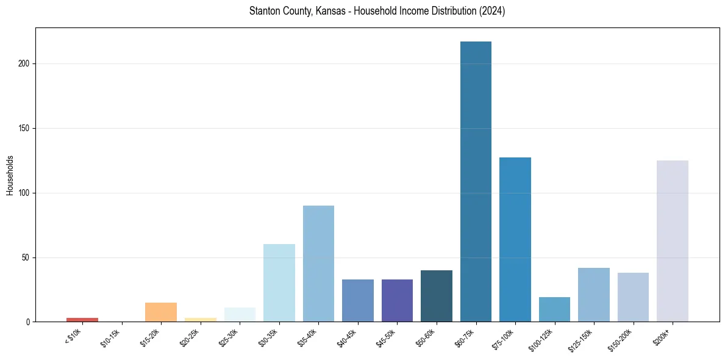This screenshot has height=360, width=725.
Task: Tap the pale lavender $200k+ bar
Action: coord(672,241)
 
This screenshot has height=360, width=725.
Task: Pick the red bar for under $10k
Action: coord(82,320)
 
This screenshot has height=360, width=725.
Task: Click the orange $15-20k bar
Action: coord(161,312)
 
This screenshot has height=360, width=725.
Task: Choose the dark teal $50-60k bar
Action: coord(437,296)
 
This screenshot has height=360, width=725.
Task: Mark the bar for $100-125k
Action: coord(554,309)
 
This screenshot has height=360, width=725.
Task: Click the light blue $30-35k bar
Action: coord(279,283)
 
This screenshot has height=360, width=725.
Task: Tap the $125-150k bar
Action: coord(594,295)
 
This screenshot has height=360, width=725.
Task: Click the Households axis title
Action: coord(10,175)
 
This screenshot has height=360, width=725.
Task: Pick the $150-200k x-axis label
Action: coord(623,339)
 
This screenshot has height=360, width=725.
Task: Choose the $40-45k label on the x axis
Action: coord(347,337)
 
